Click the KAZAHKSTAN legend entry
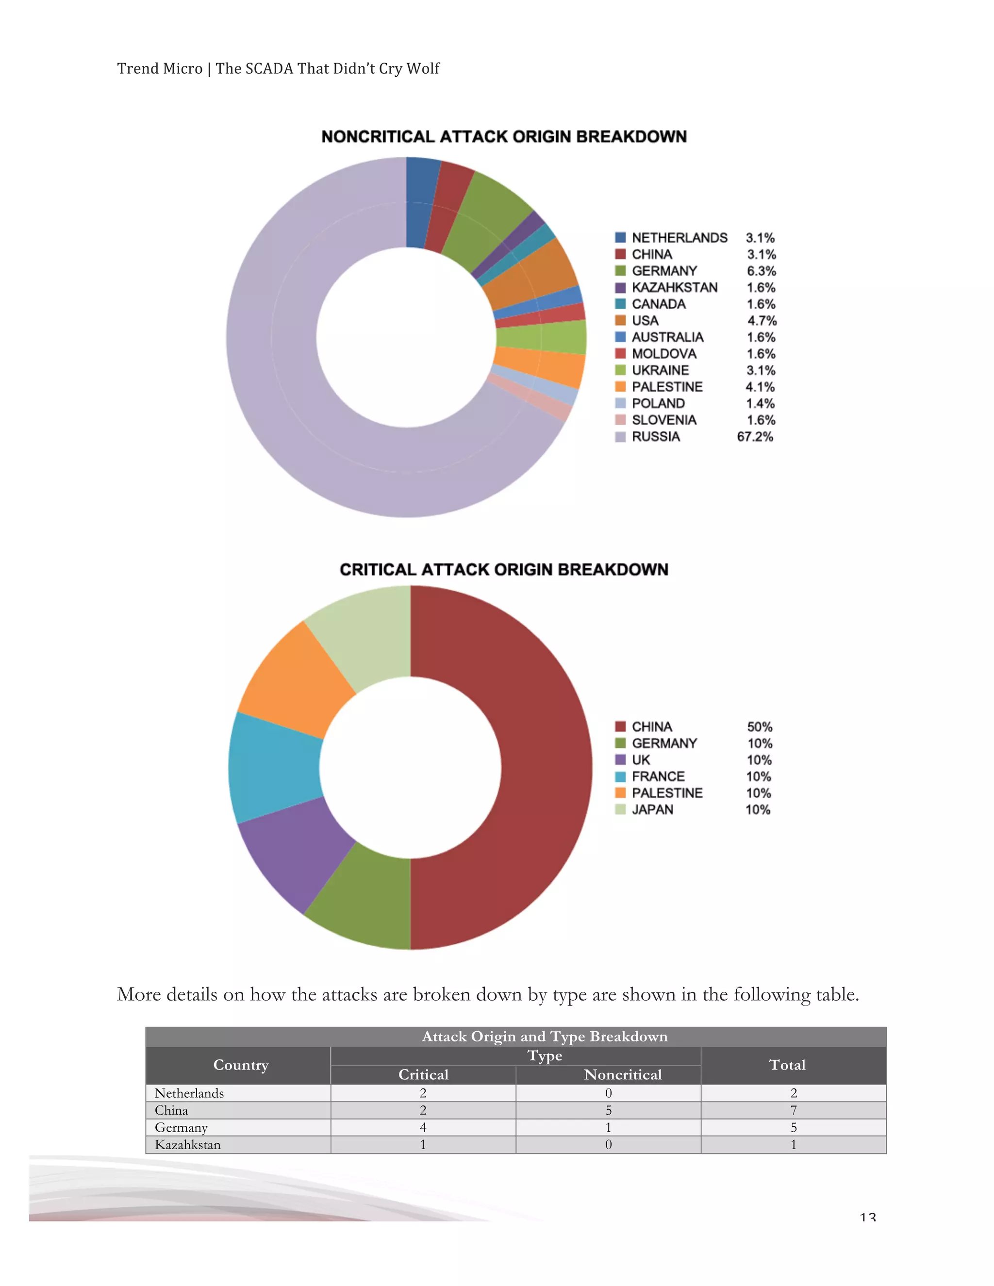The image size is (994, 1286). [674, 287]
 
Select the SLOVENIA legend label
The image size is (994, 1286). [663, 420]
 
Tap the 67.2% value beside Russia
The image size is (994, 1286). [754, 436]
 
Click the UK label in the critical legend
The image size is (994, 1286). [641, 759]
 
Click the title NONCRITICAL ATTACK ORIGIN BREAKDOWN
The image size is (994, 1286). [503, 137]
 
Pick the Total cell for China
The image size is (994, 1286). [793, 1110]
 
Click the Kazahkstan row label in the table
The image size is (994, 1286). [187, 1145]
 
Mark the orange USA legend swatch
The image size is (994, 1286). [620, 320]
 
